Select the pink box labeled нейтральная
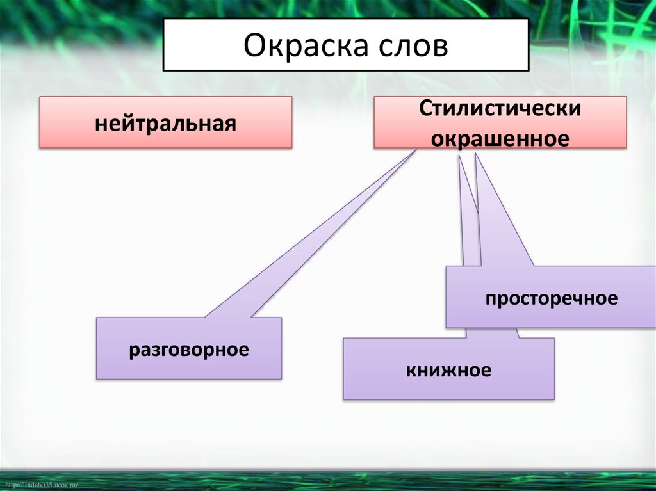tap(166, 122)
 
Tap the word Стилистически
tap(500, 108)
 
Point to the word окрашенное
tap(500, 138)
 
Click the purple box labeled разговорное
tap(188, 348)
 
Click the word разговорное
tap(188, 350)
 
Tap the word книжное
tap(448, 369)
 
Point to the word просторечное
tap(551, 298)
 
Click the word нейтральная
tap(166, 122)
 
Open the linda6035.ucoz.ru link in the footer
tap(40, 485)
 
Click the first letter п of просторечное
tap(489, 299)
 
